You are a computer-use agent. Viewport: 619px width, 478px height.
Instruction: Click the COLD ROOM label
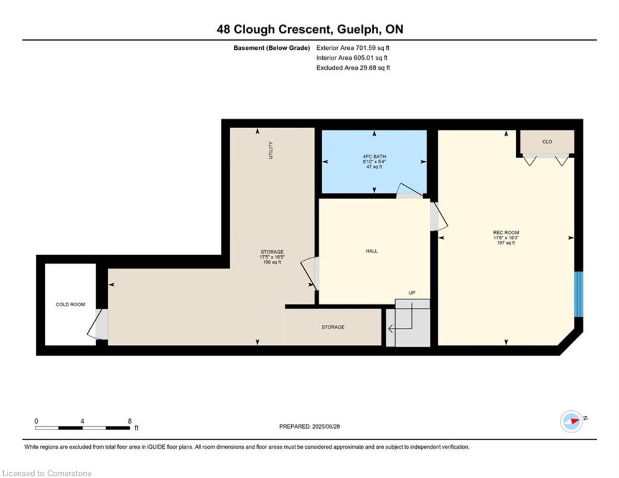tap(70, 304)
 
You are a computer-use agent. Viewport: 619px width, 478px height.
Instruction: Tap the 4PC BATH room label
tap(375, 156)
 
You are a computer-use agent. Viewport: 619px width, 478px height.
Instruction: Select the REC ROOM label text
tap(506, 233)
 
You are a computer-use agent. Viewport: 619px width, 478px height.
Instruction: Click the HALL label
tap(371, 251)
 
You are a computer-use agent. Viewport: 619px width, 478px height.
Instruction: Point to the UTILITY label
tap(271, 150)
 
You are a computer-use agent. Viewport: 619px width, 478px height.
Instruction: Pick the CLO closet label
tap(547, 142)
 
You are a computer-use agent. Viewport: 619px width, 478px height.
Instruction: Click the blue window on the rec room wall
tap(579, 294)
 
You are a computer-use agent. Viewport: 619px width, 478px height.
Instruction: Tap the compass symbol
tap(572, 421)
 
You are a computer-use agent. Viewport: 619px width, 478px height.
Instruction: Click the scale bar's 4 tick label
tap(82, 421)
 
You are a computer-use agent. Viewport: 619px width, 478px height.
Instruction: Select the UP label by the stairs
tap(412, 293)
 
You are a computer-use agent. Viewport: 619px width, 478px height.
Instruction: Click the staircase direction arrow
tap(401, 321)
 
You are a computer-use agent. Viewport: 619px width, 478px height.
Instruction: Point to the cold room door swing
tap(97, 324)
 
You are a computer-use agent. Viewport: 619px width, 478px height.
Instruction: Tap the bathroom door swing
tap(411, 190)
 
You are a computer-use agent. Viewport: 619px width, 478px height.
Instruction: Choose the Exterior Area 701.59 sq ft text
tap(353, 48)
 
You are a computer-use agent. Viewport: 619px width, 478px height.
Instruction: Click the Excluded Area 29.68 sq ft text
tap(353, 68)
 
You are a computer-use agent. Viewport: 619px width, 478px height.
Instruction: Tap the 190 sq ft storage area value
tap(272, 262)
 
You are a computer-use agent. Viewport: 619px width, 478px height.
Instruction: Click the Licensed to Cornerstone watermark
tap(47, 473)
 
